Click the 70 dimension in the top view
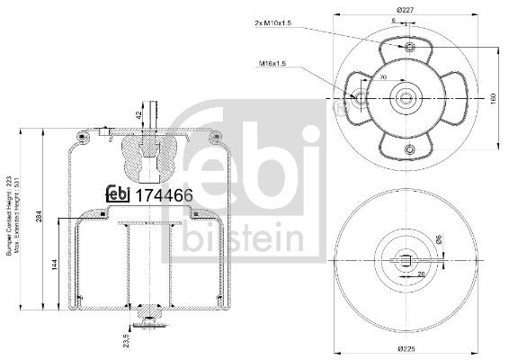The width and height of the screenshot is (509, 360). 383,80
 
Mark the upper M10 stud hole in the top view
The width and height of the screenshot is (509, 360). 410,46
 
